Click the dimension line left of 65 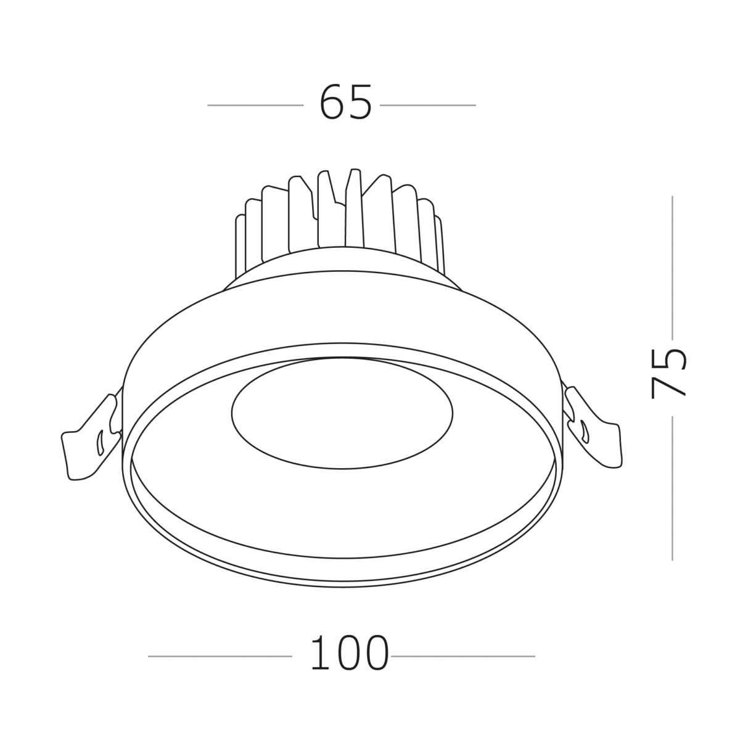click(255, 105)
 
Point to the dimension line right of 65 click(427, 105)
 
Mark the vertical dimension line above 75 click(672, 265)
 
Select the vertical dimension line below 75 click(672, 487)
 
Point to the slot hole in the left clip click(99, 442)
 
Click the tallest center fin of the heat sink click(353, 210)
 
